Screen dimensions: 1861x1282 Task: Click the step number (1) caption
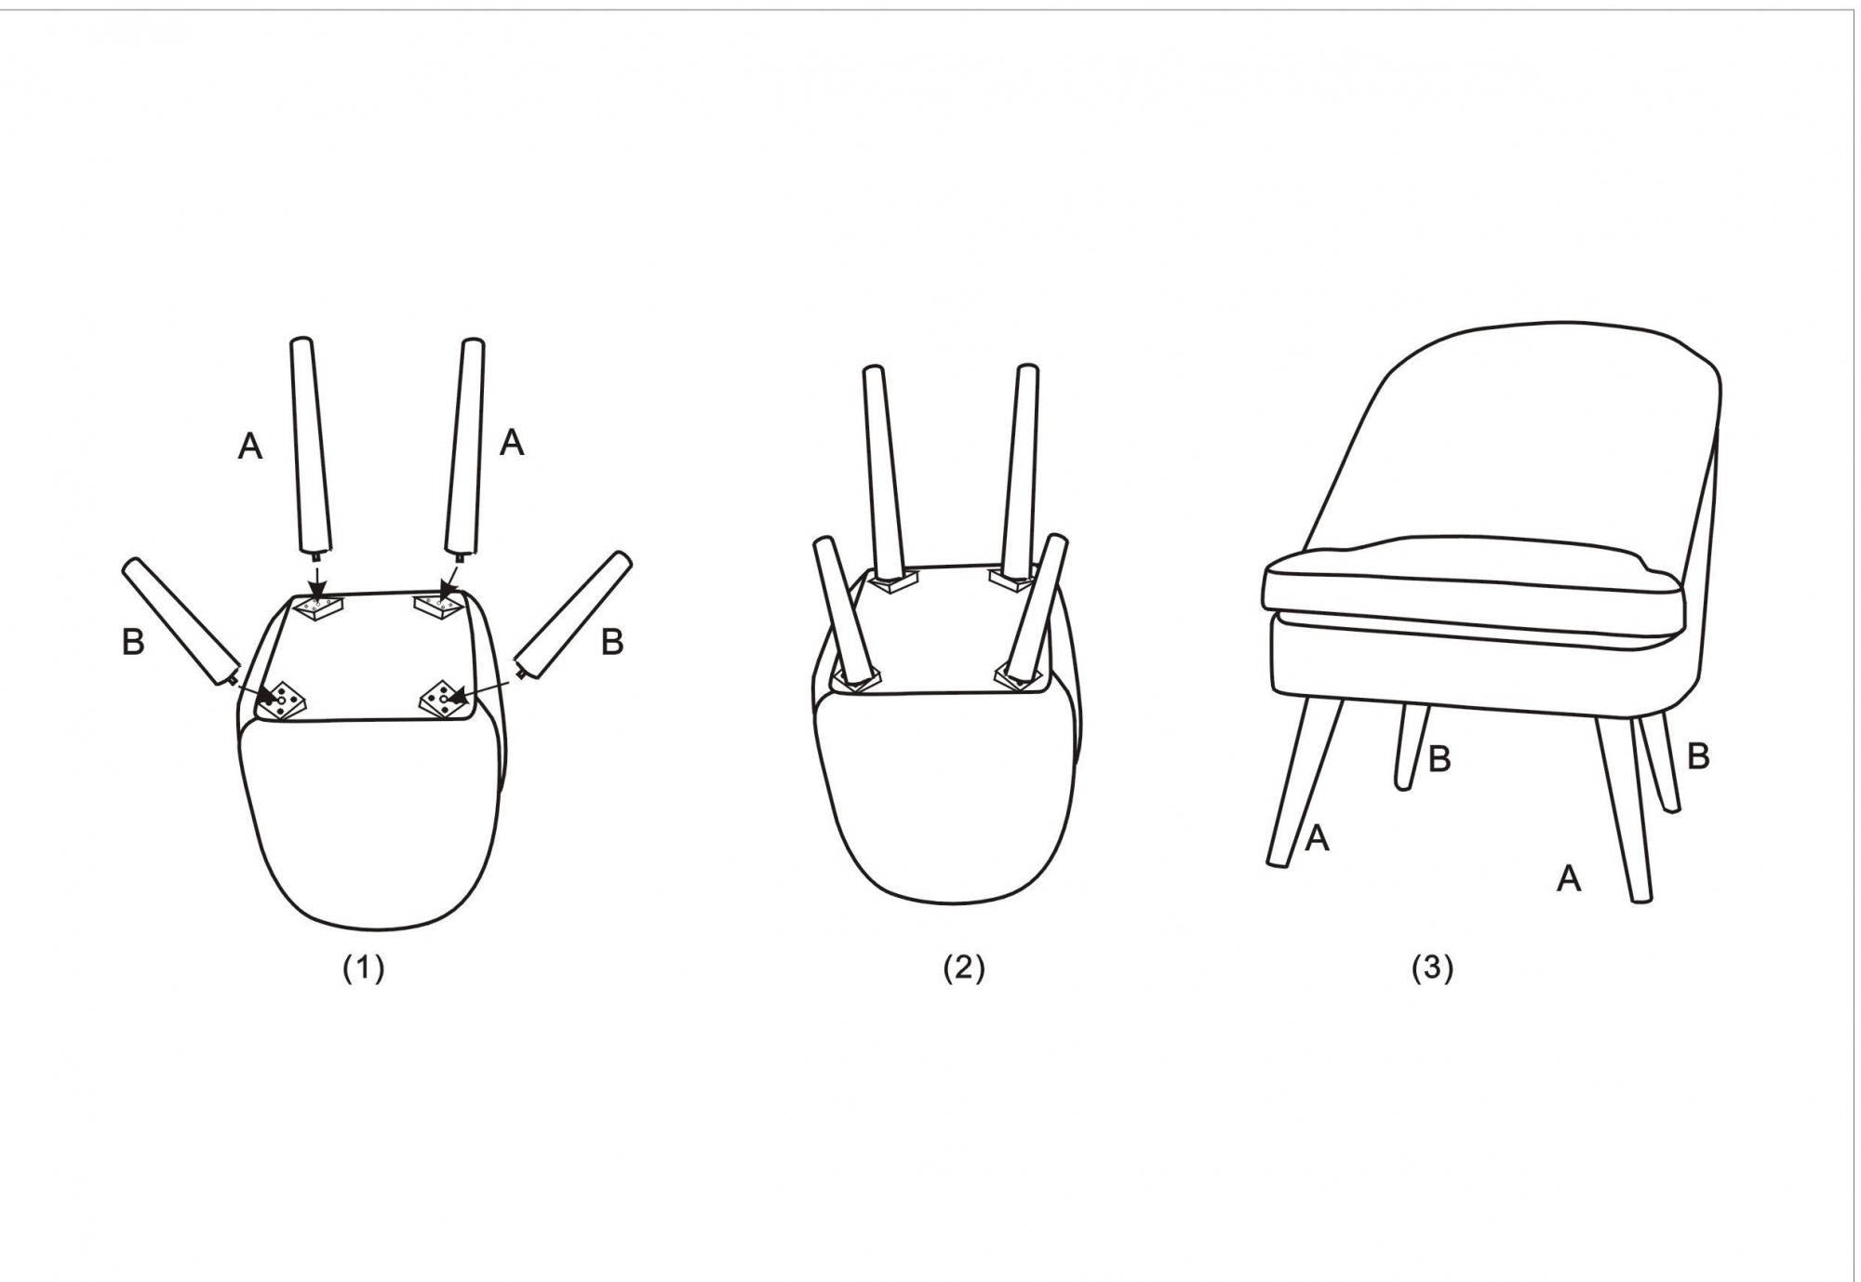point(364,968)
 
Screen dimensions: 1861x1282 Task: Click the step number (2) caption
point(963,968)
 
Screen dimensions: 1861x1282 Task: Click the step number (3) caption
point(1432,968)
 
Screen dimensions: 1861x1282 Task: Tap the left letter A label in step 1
point(250,447)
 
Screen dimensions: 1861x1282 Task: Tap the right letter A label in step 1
point(512,443)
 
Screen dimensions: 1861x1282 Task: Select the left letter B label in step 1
point(133,642)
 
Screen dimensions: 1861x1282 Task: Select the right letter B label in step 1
point(611,642)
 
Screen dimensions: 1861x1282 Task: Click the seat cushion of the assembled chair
point(1473,585)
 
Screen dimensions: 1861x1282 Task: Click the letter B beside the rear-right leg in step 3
point(1698,756)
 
